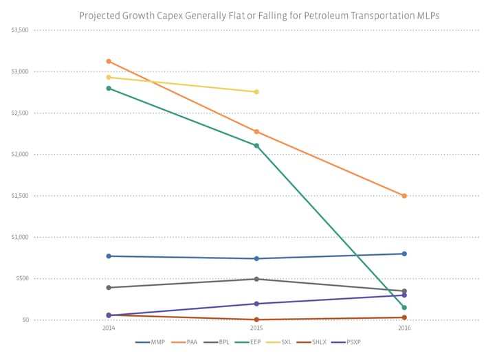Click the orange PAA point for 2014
(x=109, y=61)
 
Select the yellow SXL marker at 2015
(x=256, y=91)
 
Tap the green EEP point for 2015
(x=256, y=146)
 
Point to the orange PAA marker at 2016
(x=404, y=196)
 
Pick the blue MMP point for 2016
(x=404, y=254)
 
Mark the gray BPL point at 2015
(x=256, y=279)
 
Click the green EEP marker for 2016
(x=404, y=307)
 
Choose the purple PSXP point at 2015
(x=256, y=304)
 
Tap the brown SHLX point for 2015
(x=256, y=319)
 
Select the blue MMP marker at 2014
(x=109, y=256)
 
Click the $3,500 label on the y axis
(x=20, y=30)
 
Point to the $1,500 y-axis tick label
(x=20, y=196)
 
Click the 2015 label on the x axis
(x=256, y=328)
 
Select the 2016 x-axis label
(x=404, y=328)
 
